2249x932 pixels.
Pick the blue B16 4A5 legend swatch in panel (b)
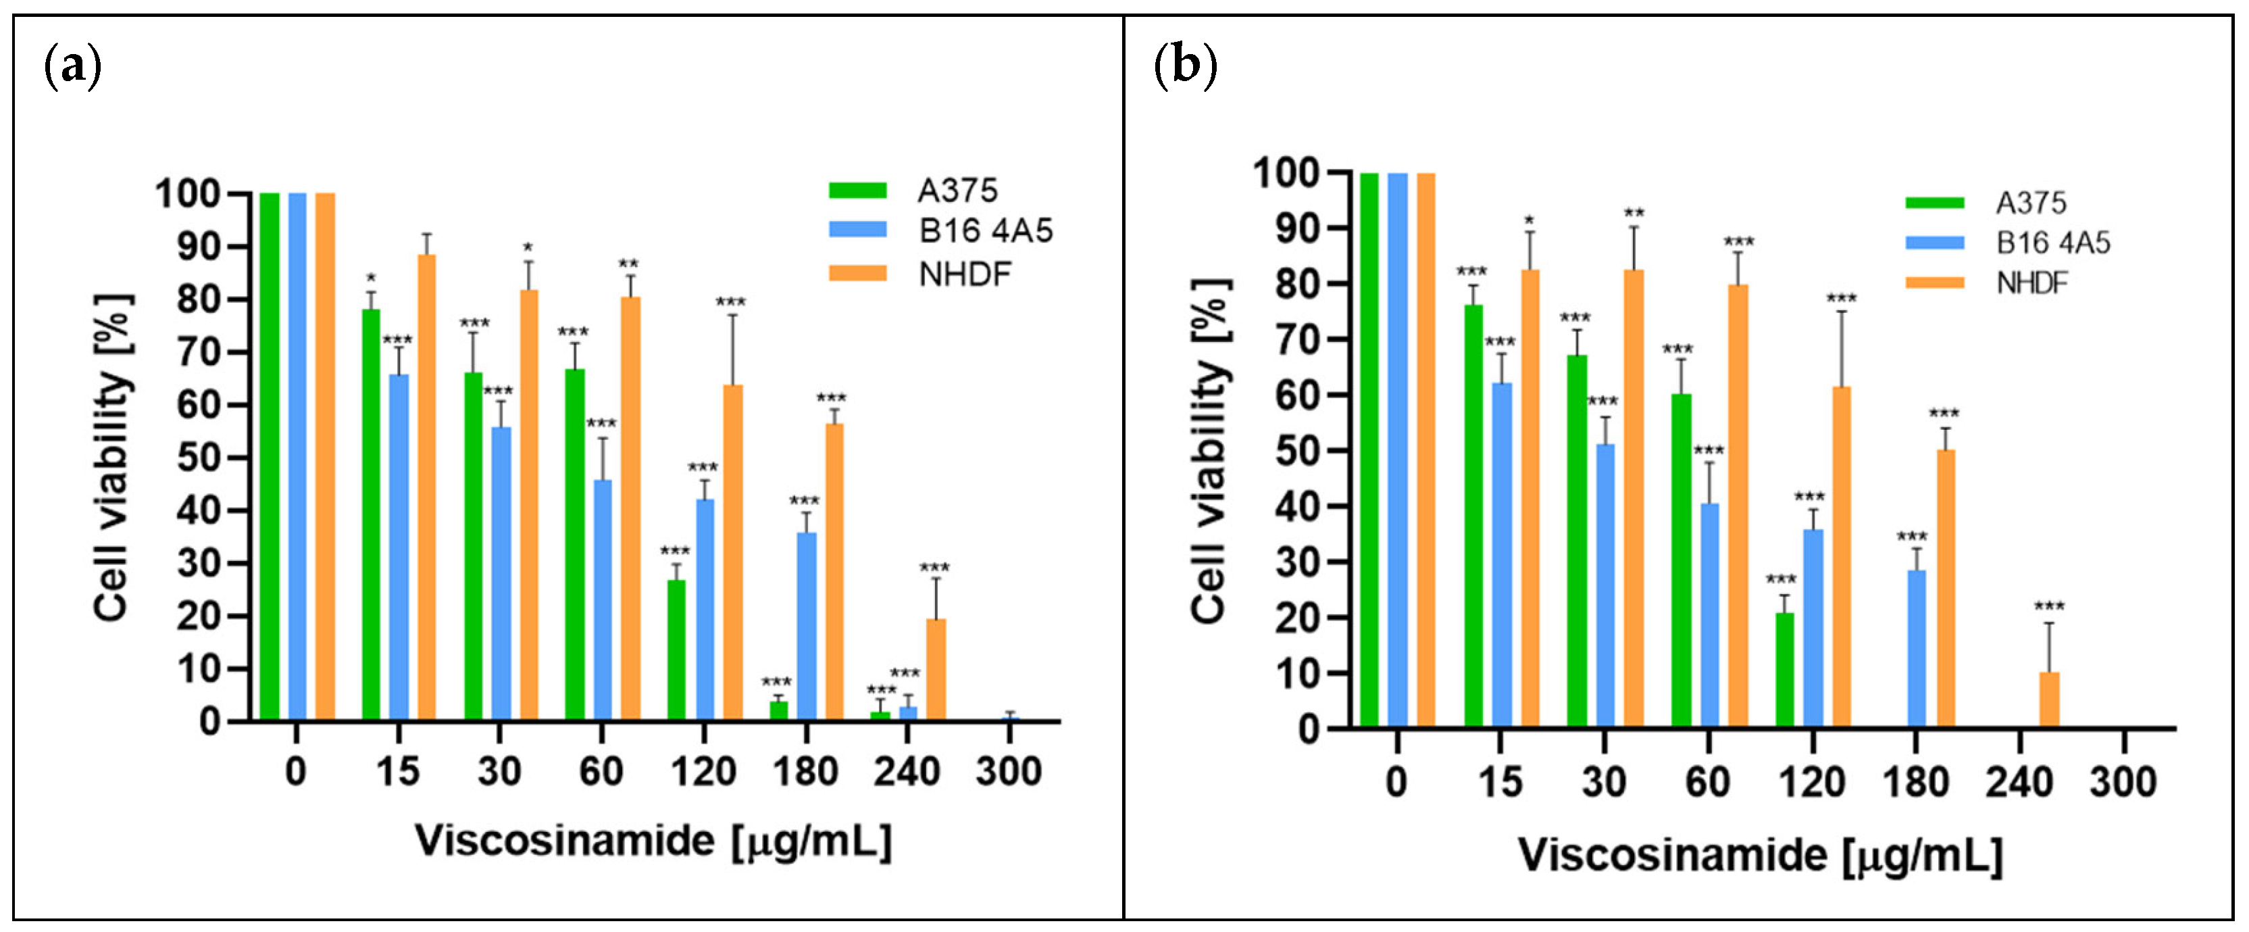(x=1935, y=243)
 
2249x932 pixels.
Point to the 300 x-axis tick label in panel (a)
(x=1009, y=771)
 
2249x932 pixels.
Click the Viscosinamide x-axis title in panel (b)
(x=1760, y=854)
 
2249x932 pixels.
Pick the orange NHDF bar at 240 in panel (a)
(x=936, y=670)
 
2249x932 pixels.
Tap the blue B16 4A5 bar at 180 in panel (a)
(x=807, y=627)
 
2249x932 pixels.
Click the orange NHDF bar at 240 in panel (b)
(x=2049, y=700)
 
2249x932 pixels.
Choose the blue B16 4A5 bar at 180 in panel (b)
(x=1917, y=649)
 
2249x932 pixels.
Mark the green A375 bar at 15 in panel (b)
(x=1473, y=516)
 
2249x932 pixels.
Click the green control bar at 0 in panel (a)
(x=270, y=457)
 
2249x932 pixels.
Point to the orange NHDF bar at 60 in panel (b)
(x=1738, y=506)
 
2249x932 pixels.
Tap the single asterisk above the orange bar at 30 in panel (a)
(x=528, y=248)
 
